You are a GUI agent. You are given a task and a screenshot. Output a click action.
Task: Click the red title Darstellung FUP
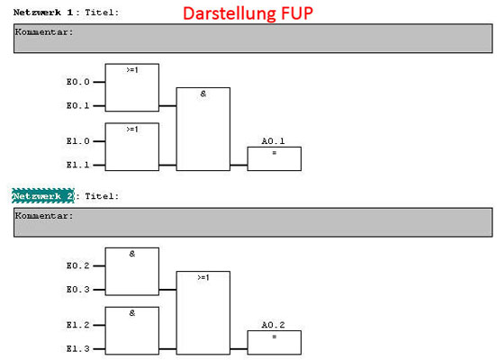[x=248, y=13]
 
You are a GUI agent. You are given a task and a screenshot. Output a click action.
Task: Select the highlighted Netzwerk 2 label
[x=43, y=196]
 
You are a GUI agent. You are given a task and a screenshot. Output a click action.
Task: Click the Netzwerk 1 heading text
[x=43, y=13]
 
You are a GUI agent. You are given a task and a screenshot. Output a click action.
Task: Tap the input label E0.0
[x=78, y=82]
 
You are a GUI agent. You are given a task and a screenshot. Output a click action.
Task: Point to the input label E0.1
[x=78, y=105]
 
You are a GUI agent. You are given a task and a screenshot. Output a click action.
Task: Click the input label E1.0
[x=78, y=141]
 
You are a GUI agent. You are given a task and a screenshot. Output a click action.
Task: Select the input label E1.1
[x=78, y=165]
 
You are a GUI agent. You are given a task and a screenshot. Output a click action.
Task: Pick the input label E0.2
[x=78, y=265]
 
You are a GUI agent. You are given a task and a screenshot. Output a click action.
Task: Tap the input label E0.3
[x=78, y=289]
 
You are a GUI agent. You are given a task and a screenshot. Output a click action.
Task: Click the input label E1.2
[x=78, y=325]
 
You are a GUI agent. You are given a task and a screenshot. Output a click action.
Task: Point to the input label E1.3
[x=78, y=348]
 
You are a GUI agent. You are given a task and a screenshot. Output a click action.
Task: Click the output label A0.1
[x=273, y=141]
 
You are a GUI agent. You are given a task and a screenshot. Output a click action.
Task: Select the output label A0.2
[x=273, y=325]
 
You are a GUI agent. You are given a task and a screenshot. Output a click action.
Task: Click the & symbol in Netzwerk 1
[x=203, y=94]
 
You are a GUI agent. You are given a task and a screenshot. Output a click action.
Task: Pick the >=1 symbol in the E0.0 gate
[x=132, y=69]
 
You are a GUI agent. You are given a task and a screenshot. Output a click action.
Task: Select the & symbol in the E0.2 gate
[x=132, y=254]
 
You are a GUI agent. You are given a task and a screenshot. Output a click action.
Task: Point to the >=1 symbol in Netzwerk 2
[x=203, y=277]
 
